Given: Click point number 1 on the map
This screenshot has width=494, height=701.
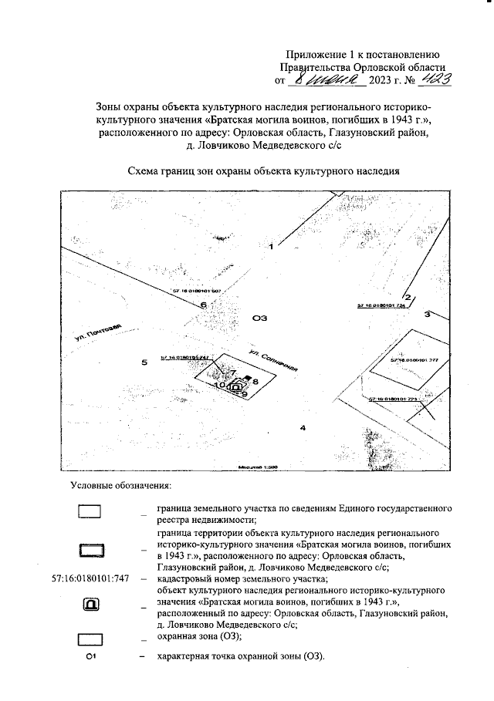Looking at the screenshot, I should (x=272, y=247).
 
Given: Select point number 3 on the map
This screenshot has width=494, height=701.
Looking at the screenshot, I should (x=426, y=315).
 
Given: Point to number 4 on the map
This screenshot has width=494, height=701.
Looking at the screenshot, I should (x=303, y=427).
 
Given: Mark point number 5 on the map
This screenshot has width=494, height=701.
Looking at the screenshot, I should (x=143, y=361).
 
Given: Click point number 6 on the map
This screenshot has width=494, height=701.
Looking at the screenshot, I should (x=203, y=305).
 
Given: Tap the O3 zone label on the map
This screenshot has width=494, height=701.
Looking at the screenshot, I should (x=260, y=317).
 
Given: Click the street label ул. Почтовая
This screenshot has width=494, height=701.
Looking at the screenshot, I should (x=99, y=337).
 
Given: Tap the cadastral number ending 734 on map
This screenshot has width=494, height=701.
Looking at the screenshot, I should (x=381, y=306).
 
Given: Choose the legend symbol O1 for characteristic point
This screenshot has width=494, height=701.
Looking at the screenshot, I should (x=90, y=656).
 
